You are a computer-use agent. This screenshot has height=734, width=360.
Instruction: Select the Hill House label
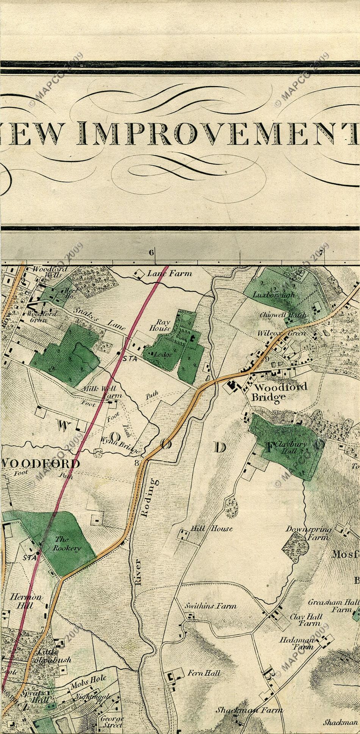click(x=211, y=528)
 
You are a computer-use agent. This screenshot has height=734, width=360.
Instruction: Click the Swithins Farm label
click(x=210, y=606)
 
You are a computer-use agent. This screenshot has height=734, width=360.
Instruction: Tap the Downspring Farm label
click(x=308, y=532)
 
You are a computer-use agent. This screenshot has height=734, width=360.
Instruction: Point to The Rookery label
click(x=67, y=544)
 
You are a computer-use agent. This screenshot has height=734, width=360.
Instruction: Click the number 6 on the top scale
click(x=152, y=252)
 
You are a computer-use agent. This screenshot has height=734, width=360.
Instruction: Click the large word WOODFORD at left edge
click(x=41, y=463)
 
